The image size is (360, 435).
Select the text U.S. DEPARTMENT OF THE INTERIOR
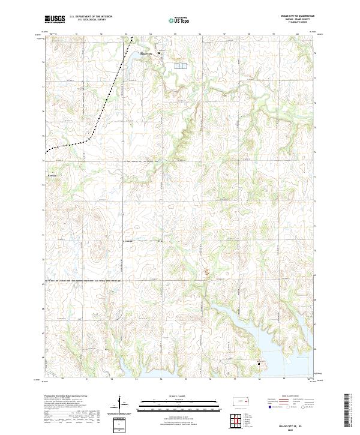point(91,16)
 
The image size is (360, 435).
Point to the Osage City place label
point(146,54)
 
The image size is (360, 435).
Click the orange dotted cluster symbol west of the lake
point(208,272)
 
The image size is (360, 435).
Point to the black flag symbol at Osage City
point(159,53)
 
